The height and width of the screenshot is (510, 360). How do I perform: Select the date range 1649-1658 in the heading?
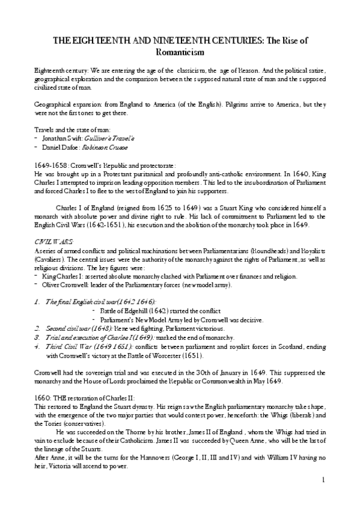pos(51,165)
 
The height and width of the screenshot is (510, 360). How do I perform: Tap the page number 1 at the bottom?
pos(323,479)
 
